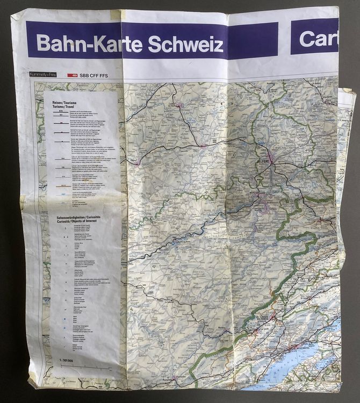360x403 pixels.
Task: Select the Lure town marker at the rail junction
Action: click(x=203, y=145)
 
